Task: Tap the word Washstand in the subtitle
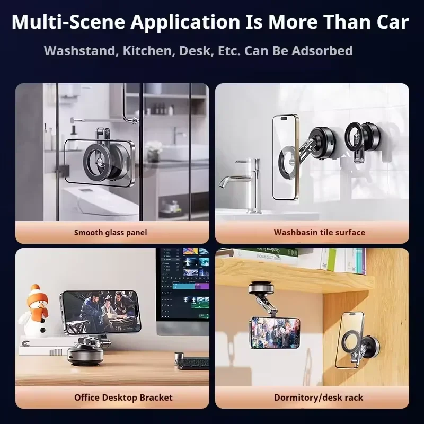tap(79, 51)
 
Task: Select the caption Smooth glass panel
tap(111, 232)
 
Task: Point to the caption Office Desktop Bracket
tap(123, 397)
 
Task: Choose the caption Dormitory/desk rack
tap(319, 397)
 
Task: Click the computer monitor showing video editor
tap(183, 286)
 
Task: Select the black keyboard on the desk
tap(193, 363)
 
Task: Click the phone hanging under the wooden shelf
tap(275, 332)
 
